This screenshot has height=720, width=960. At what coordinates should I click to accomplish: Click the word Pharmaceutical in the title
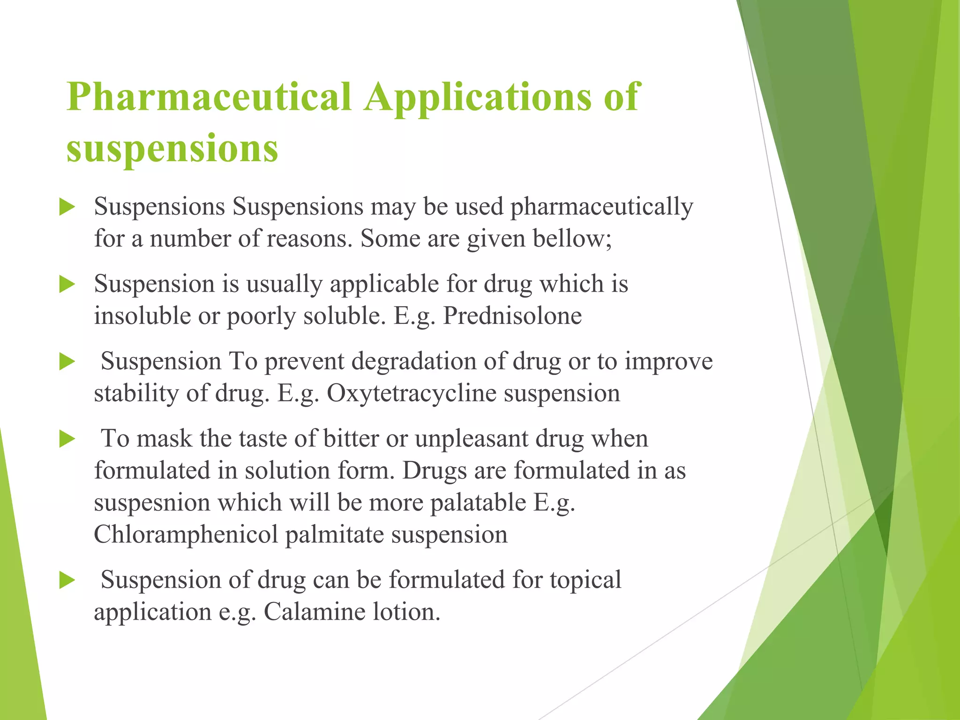point(209,97)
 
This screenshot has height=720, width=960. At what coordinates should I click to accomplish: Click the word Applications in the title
point(478,97)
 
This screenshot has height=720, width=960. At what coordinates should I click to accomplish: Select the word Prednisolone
point(512,315)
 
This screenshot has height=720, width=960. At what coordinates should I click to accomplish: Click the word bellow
point(572,238)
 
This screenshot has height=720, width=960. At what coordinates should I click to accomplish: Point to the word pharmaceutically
point(601,207)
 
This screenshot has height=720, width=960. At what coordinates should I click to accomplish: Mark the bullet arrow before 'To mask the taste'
point(67,439)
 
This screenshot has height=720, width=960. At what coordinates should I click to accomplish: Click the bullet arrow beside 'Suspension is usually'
point(67,285)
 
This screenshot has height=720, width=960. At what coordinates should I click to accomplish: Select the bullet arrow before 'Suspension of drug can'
point(67,581)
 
